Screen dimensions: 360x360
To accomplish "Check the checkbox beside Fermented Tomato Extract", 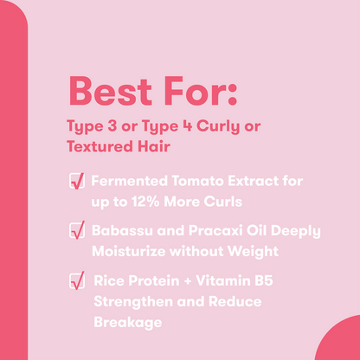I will pyautogui.click(x=76, y=183).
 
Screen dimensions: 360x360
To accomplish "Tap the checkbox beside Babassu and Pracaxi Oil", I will pyautogui.click(x=76, y=231).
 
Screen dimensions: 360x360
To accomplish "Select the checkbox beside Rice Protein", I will pyautogui.click(x=76, y=280).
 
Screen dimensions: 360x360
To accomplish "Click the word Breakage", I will pyautogui.click(x=127, y=320).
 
